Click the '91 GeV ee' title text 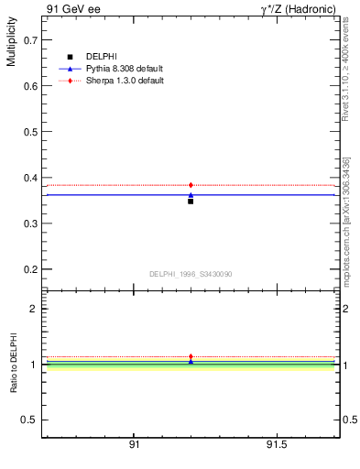tap(71, 8)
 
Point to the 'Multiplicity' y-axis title tap(11, 45)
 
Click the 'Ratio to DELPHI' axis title tap(12, 364)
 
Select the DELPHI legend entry tap(103, 57)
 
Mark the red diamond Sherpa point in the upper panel tap(191, 185)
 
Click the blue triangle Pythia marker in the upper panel tap(191, 194)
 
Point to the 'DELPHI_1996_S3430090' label tap(191, 274)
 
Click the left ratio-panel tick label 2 tap(33, 309)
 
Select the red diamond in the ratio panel tap(191, 356)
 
